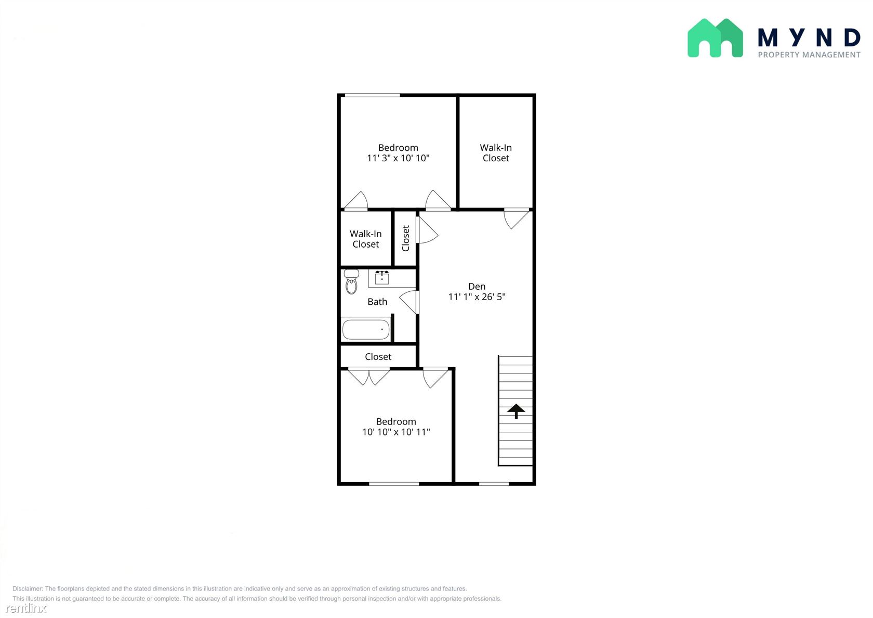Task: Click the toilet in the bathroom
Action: click(x=351, y=281)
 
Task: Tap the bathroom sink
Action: click(x=381, y=278)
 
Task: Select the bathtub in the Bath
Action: click(x=366, y=330)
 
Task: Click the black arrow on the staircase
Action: click(x=516, y=411)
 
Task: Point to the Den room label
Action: click(x=477, y=286)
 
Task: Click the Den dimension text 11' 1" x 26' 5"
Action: click(x=477, y=297)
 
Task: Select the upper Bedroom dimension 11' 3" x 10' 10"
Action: click(x=398, y=158)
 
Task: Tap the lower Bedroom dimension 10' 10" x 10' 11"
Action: click(x=396, y=432)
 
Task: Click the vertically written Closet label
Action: click(x=406, y=238)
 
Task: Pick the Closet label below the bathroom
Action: click(x=378, y=357)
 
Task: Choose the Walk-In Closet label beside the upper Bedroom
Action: click(x=496, y=153)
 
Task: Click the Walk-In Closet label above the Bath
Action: click(x=366, y=239)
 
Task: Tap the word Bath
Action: click(x=377, y=302)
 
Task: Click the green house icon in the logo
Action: click(x=715, y=38)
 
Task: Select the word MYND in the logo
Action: click(x=809, y=38)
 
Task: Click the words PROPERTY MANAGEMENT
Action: click(x=809, y=55)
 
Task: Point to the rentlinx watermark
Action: click(x=26, y=608)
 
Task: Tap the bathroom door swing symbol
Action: click(x=409, y=302)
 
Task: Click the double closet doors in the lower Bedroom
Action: click(x=369, y=377)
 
